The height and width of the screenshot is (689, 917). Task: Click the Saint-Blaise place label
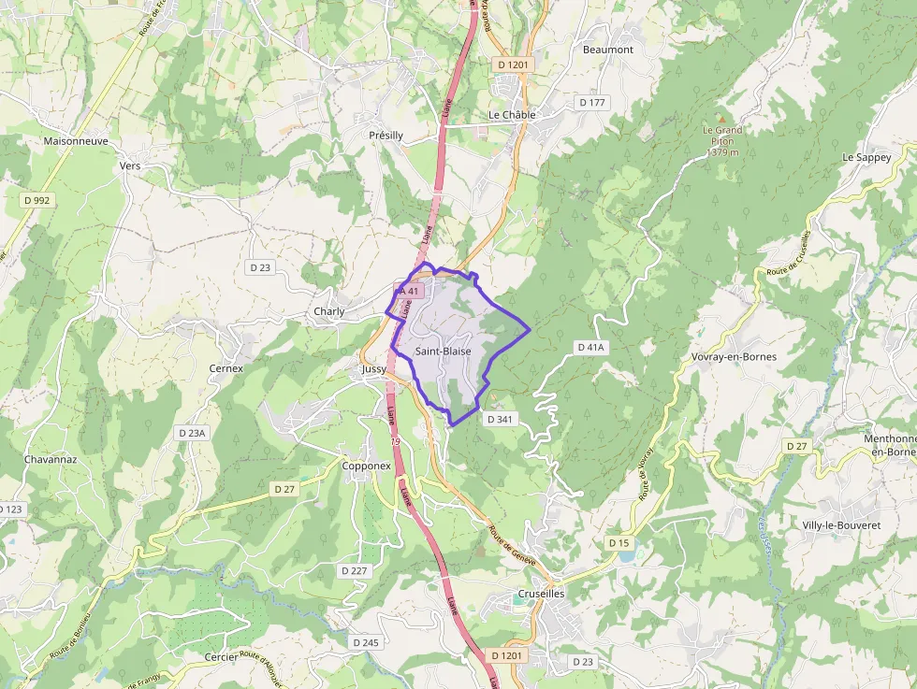click(444, 352)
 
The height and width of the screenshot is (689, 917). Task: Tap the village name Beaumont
click(608, 50)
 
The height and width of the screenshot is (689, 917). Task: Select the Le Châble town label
click(512, 115)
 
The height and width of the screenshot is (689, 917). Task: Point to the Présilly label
click(386, 136)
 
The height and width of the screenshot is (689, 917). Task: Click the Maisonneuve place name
click(76, 141)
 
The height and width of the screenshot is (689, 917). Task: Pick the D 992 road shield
click(36, 200)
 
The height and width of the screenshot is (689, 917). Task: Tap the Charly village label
click(329, 311)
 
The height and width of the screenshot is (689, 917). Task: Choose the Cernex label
click(226, 368)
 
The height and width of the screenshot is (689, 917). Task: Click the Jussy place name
click(373, 369)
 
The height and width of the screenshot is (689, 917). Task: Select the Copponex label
click(367, 466)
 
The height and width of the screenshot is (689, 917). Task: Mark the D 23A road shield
click(192, 433)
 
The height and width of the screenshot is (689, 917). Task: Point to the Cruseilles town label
click(542, 594)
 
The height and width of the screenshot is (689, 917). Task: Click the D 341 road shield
click(501, 420)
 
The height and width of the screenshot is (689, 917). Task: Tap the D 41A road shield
click(591, 347)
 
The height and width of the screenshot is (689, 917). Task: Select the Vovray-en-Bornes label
click(734, 357)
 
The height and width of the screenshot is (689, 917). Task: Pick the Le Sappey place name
click(866, 157)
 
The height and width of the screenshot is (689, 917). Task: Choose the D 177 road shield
click(592, 102)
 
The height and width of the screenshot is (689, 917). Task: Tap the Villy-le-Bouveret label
click(841, 525)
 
